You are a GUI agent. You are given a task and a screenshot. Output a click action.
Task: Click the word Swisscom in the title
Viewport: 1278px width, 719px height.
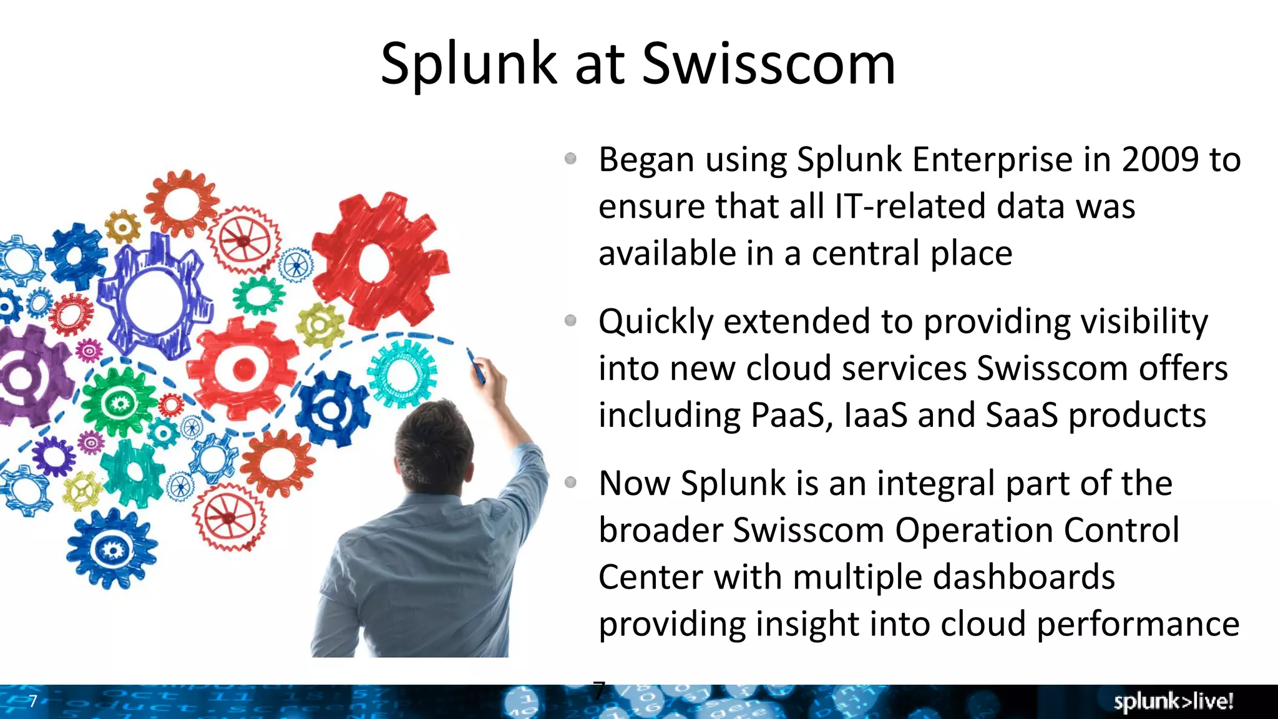pyautogui.click(x=769, y=64)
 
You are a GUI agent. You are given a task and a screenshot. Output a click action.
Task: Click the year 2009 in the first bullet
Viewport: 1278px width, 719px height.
pyautogui.click(x=1160, y=160)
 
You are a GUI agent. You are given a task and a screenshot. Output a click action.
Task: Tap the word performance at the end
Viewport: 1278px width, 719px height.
pyautogui.click(x=1138, y=625)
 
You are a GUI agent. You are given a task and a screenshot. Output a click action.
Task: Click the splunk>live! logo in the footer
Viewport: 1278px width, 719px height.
pyautogui.click(x=1173, y=702)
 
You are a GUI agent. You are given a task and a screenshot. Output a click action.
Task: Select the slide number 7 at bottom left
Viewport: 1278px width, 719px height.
pyautogui.click(x=33, y=701)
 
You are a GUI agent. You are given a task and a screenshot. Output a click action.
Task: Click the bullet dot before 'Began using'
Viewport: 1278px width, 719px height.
pyautogui.click(x=570, y=159)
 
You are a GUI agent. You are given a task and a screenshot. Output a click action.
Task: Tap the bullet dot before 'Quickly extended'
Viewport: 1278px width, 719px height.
pyautogui.click(x=570, y=321)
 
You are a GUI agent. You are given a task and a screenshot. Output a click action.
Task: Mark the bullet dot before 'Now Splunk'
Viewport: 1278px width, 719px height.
pyautogui.click(x=570, y=482)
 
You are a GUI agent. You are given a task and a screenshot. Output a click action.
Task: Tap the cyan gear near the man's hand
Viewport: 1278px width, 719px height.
pyautogui.click(x=402, y=373)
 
